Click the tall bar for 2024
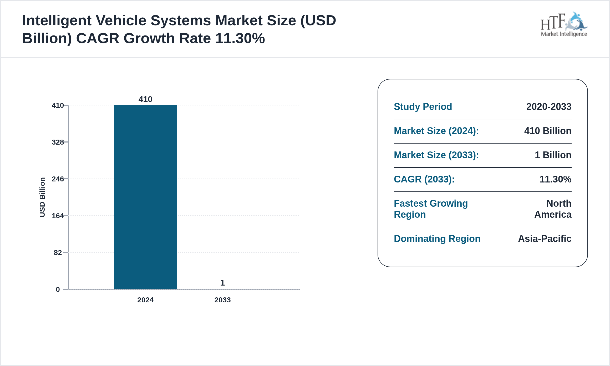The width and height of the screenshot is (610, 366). coord(145,197)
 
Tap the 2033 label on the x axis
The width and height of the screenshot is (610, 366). coord(222,300)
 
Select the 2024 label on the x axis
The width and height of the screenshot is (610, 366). coord(145,300)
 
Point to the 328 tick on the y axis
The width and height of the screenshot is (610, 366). coord(58,142)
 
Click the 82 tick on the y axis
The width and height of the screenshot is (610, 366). coord(58,253)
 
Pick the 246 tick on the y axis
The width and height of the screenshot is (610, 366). coord(58,179)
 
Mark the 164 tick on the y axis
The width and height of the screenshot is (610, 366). coord(58,216)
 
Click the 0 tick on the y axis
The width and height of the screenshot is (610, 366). coord(58,289)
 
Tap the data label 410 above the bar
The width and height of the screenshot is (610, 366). coord(145,99)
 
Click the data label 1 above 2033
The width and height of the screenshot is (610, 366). coord(222,283)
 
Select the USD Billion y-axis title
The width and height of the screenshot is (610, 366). coord(42,197)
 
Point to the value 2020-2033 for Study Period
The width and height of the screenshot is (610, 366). coord(549,107)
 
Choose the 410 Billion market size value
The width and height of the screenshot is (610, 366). coord(548,131)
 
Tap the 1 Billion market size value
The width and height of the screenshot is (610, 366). coord(553,155)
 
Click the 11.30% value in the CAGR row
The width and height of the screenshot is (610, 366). coord(555,179)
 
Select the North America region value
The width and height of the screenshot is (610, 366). coord(553,209)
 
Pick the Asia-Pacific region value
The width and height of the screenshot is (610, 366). coord(545,239)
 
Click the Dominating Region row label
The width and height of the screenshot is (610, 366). coord(437,239)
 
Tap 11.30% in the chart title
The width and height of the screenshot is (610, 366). coord(240,38)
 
